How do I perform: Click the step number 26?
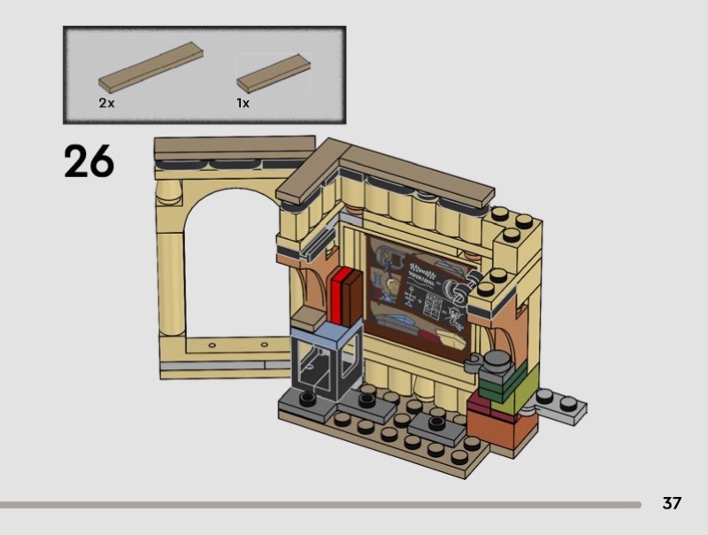89,161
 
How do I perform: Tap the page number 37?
672,503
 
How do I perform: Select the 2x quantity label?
106,103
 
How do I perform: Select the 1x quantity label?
242,103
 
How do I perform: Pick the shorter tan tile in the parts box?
273,74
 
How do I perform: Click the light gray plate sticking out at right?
560,406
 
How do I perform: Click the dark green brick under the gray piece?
499,385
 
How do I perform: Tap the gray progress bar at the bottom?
320,505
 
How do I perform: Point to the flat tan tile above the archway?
235,148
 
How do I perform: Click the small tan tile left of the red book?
309,320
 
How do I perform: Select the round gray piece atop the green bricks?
497,361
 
